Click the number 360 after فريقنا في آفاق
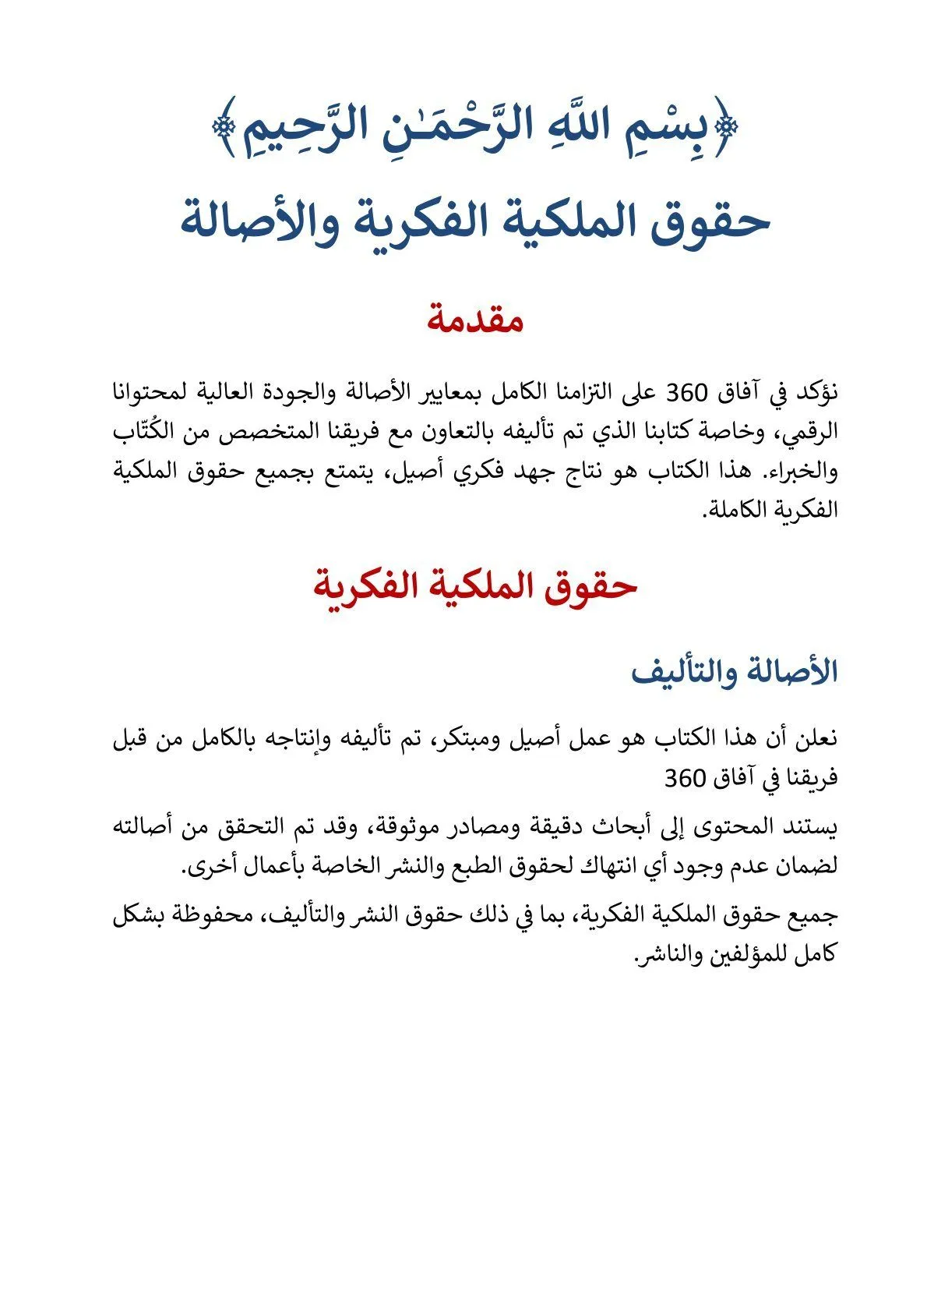686,777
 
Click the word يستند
809,826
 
